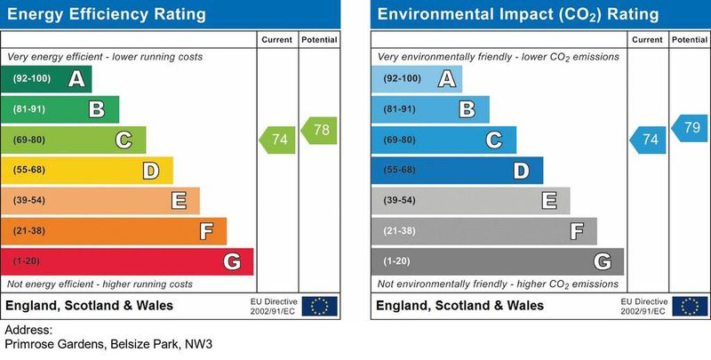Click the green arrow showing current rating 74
coord(276,140)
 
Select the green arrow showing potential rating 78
coord(319,130)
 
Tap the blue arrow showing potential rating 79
coord(690,127)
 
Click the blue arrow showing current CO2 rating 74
coord(648,140)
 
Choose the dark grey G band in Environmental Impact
coord(498,261)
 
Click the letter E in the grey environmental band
coord(549,201)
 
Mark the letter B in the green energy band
coord(97,109)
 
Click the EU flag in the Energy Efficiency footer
coord(319,306)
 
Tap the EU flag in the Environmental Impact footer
coord(690,306)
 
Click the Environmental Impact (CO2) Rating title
coord(518,15)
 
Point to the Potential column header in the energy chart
coord(319,40)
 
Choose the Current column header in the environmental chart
coord(647,40)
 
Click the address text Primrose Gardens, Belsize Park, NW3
coord(109,344)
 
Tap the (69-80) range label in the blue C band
coord(398,140)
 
